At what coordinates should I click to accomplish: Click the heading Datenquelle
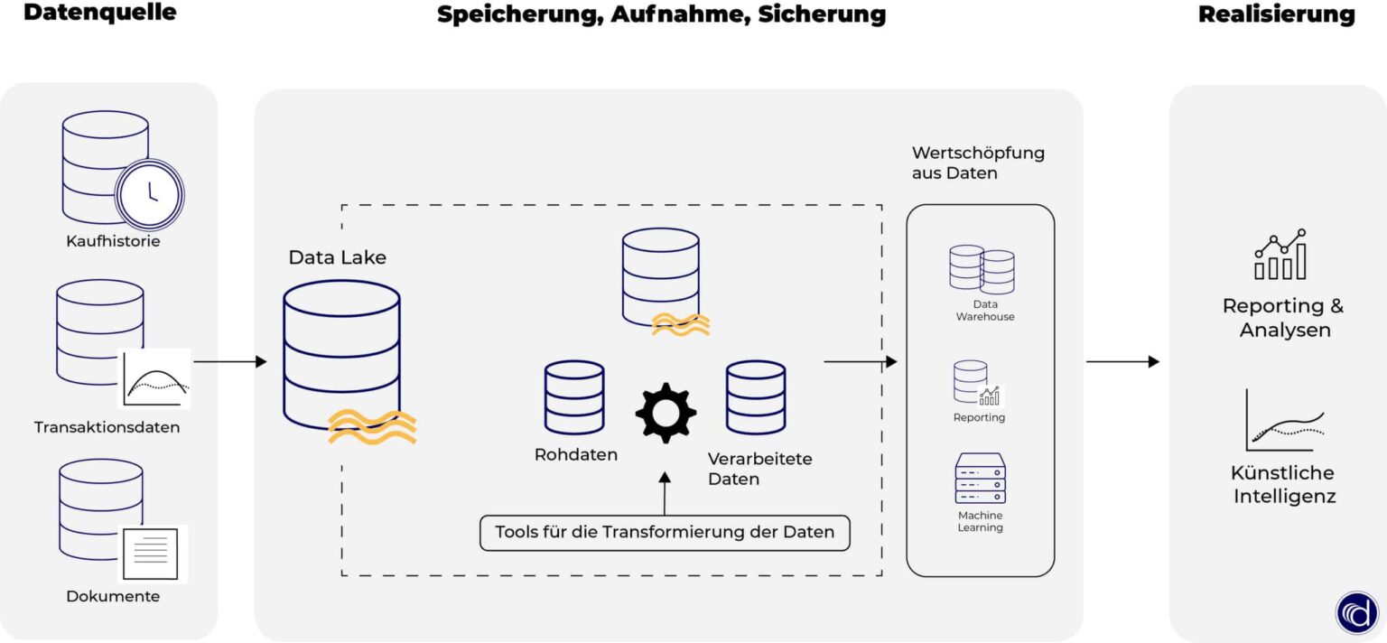coord(99,14)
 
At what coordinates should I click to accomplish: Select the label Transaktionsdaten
coord(107,427)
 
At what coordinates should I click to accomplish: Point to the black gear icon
coord(666,413)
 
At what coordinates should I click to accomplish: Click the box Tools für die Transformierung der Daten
coord(665,532)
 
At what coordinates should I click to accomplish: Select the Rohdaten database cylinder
coord(574,397)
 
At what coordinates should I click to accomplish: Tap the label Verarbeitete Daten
coord(759,469)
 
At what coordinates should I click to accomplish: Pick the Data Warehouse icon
coord(982,268)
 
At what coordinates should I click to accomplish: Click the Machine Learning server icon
coord(980,478)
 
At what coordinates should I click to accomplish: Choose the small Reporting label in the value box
coord(979,417)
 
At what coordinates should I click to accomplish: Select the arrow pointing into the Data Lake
coord(230,362)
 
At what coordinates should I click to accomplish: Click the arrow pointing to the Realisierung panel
coord(1122,362)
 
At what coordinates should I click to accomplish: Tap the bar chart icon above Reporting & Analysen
coord(1280,255)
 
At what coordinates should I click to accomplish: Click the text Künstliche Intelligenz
coord(1284,484)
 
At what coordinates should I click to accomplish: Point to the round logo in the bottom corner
coord(1357,612)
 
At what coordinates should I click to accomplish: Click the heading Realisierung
coord(1276,14)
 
